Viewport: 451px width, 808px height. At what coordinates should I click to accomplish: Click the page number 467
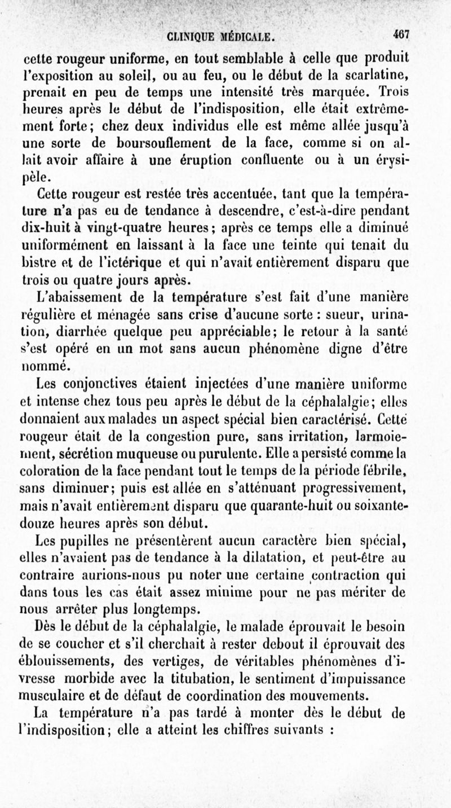click(401, 33)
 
